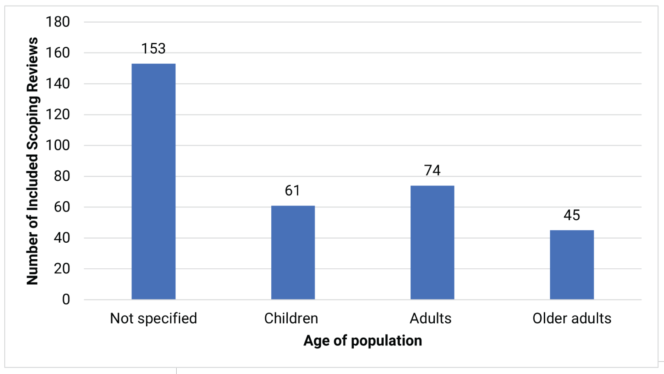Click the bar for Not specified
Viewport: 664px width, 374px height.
tap(153, 182)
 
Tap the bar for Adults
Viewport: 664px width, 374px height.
tap(432, 243)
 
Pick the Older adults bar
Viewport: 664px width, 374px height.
tap(572, 265)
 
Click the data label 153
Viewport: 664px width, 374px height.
tap(153, 49)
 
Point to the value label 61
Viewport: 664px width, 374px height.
tap(293, 191)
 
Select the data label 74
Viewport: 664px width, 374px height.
tap(432, 170)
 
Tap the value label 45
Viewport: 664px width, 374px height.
tap(572, 215)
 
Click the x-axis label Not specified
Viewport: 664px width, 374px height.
tap(153, 319)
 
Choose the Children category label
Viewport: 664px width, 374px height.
tap(291, 319)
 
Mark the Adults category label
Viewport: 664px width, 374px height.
tap(431, 319)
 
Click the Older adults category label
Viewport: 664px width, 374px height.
tap(572, 319)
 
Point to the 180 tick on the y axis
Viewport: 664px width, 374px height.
tap(58, 22)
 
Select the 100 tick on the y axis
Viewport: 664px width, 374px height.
tap(58, 145)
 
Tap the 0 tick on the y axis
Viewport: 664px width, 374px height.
tap(66, 299)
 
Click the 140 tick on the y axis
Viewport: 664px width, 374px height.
tap(58, 84)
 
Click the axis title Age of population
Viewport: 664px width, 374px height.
tap(362, 341)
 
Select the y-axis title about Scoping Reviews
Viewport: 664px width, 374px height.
tap(33, 161)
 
